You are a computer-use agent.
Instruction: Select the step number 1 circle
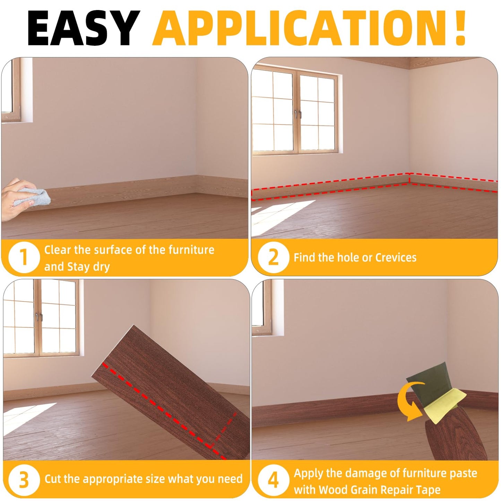[x=24, y=257]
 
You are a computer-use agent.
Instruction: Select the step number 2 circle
[x=273, y=257]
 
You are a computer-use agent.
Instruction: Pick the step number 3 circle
[x=24, y=480]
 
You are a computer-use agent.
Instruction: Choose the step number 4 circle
[x=273, y=480]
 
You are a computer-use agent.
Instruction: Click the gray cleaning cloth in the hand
[x=33, y=197]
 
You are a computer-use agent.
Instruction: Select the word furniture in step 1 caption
[x=191, y=250]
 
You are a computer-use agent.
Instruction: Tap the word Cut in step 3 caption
[x=52, y=479]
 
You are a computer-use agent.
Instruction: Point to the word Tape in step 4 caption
[x=429, y=490]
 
